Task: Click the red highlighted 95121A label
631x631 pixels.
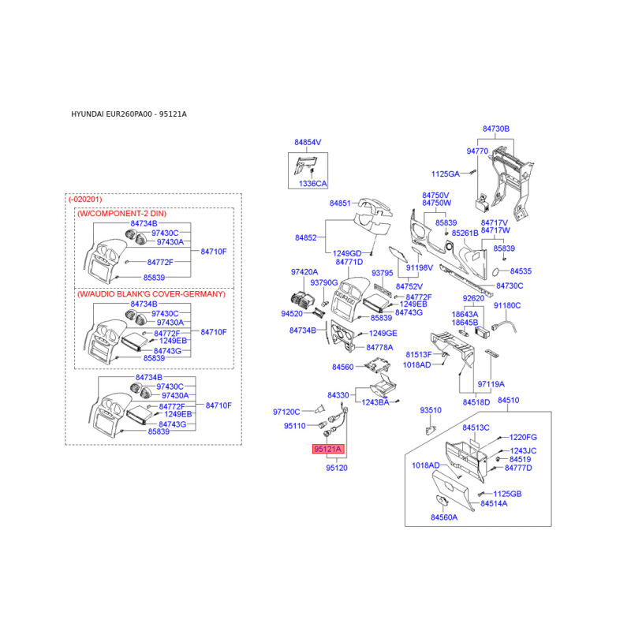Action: [327, 450]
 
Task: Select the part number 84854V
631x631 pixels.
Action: [308, 142]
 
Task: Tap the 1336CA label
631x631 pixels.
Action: [312, 183]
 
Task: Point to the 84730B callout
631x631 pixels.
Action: [496, 128]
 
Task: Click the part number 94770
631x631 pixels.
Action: [477, 151]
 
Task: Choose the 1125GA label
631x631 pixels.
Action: [445, 174]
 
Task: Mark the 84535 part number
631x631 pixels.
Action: [521, 271]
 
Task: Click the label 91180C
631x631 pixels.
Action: [507, 304]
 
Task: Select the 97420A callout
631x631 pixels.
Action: [304, 271]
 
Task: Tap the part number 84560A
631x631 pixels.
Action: [444, 517]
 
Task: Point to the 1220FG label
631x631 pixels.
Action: [523, 436]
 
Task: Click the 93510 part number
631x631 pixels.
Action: [431, 410]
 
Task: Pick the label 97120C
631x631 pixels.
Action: [286, 411]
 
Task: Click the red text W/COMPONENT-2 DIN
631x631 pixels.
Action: [121, 214]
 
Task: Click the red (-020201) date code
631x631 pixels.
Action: [85, 200]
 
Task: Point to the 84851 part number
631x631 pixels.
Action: [340, 203]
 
